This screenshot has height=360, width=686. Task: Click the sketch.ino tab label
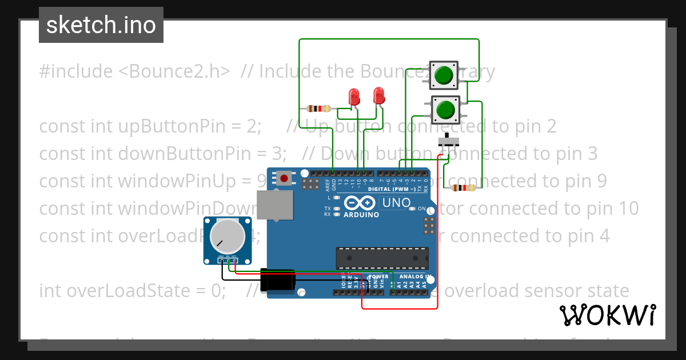(x=101, y=25)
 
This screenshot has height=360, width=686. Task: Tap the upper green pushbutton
(x=444, y=75)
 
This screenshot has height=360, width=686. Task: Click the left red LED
(x=353, y=96)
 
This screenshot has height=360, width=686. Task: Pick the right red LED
(x=378, y=95)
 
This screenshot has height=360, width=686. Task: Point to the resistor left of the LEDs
(x=319, y=109)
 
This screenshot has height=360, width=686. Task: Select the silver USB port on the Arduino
(x=275, y=205)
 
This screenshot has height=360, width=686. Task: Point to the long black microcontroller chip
(x=382, y=258)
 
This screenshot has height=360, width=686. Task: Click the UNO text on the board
(x=396, y=203)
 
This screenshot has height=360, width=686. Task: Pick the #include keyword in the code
(x=75, y=71)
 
